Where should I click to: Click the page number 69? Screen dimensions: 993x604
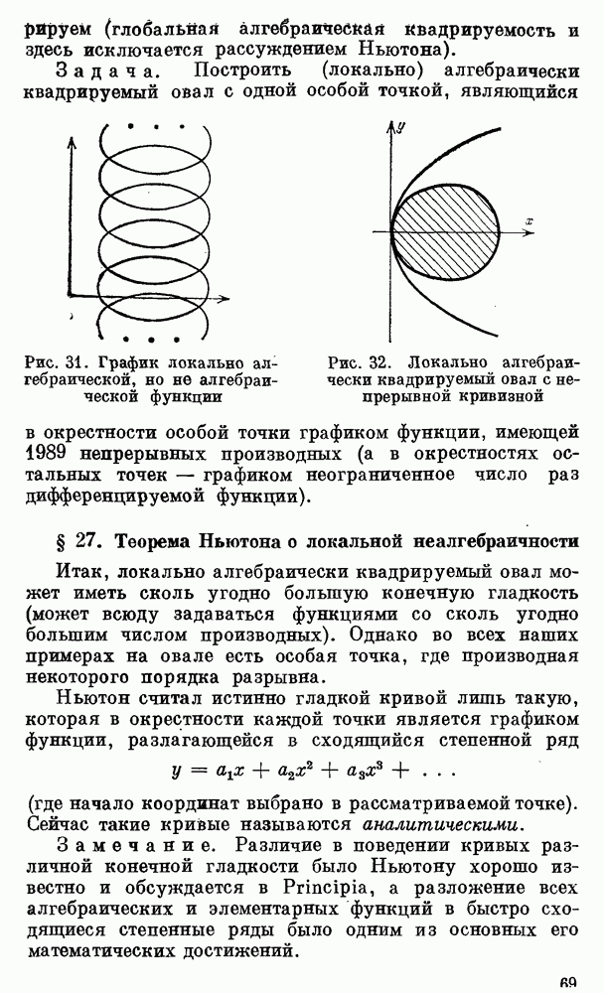(x=568, y=984)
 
